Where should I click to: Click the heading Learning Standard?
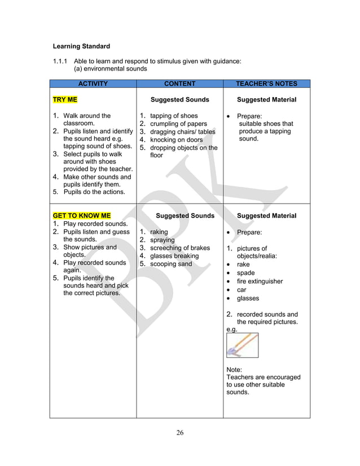click(x=81, y=46)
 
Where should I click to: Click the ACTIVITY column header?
click(x=93, y=83)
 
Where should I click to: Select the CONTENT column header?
click(x=179, y=83)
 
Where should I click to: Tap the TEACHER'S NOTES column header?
click(x=266, y=83)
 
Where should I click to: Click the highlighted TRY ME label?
click(x=65, y=100)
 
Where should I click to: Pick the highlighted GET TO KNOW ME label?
click(x=82, y=216)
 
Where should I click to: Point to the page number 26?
click(x=180, y=433)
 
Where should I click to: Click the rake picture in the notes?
click(x=242, y=345)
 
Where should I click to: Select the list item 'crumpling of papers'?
click(x=178, y=124)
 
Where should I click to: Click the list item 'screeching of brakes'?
click(x=179, y=248)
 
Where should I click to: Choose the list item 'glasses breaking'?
click(x=174, y=256)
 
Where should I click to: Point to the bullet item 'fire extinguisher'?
click(x=260, y=282)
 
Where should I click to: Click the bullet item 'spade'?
click(x=245, y=273)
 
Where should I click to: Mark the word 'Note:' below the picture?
click(x=234, y=370)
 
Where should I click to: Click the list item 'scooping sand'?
click(x=171, y=263)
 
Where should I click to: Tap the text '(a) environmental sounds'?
click(x=111, y=69)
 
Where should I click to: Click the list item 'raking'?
click(x=159, y=232)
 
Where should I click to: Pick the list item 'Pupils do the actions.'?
click(x=94, y=192)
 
